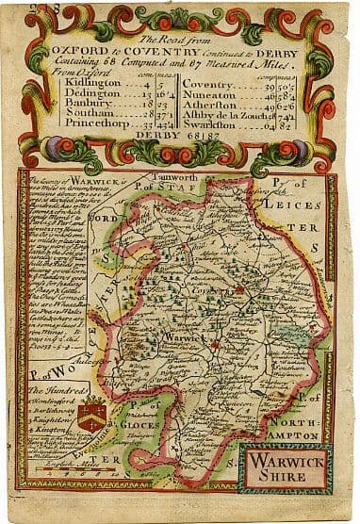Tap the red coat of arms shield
(x=91, y=387)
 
